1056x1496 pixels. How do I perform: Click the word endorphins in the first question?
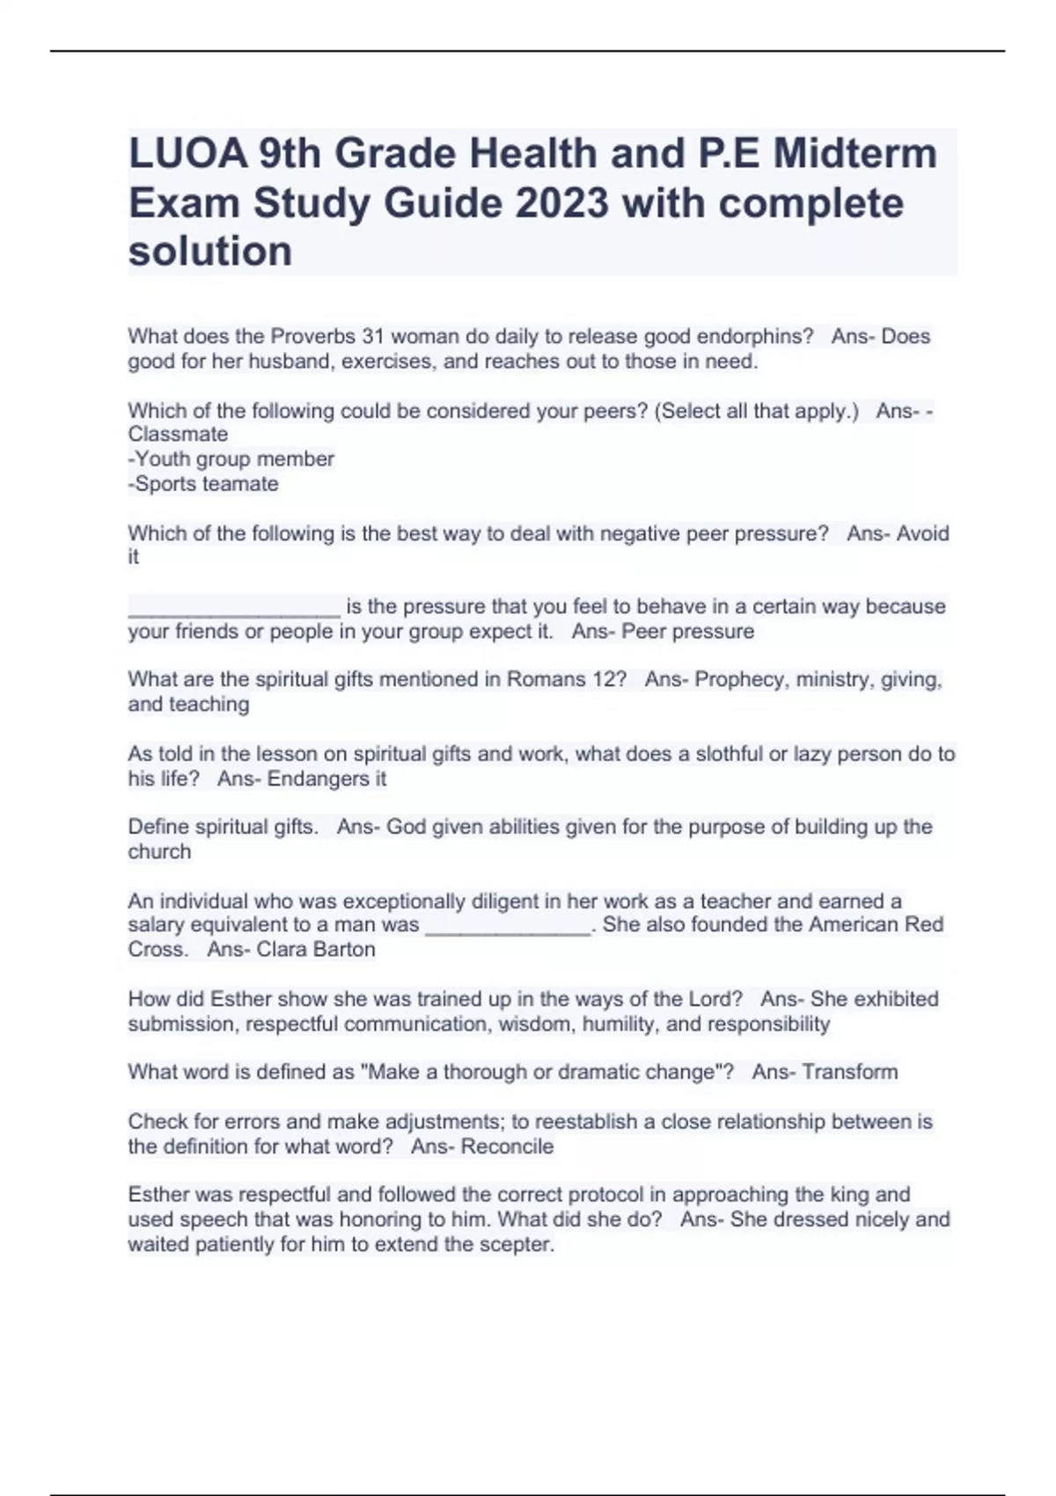(x=757, y=336)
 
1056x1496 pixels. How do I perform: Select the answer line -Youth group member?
(x=231, y=459)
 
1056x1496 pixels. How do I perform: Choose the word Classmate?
(x=178, y=435)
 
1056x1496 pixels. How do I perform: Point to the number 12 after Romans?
(x=606, y=679)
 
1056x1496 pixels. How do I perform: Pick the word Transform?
(x=850, y=1072)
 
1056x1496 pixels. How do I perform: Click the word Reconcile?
(x=508, y=1147)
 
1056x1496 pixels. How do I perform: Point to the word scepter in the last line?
(x=516, y=1245)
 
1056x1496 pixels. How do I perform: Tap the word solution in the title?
(x=210, y=252)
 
